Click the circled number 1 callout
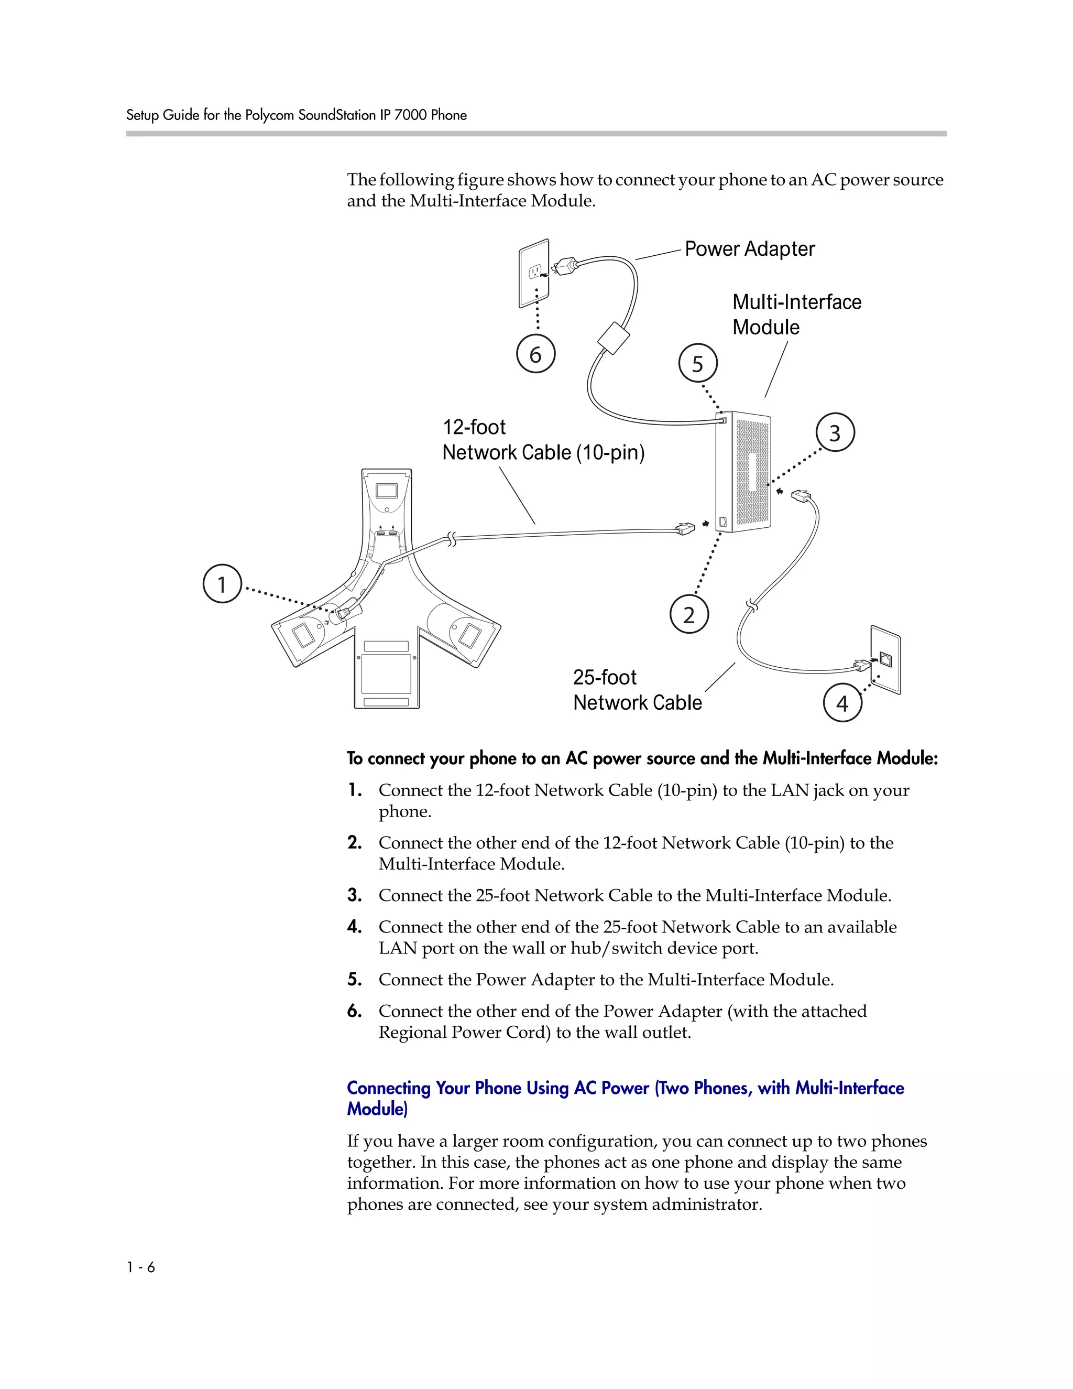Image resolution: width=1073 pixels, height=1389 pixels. click(222, 583)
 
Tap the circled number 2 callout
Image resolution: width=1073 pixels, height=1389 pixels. click(689, 614)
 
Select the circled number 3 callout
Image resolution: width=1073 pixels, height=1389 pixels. click(835, 432)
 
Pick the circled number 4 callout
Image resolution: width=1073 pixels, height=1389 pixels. click(842, 703)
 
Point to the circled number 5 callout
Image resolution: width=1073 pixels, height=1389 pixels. click(698, 363)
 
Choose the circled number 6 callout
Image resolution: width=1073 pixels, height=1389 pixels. click(536, 354)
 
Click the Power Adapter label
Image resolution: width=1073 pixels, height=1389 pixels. click(749, 248)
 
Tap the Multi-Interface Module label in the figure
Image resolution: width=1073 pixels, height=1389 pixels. click(796, 314)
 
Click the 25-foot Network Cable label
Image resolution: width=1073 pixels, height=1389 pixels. click(637, 690)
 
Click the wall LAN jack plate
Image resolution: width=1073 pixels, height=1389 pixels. click(885, 660)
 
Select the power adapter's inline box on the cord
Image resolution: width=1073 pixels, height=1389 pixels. click(614, 338)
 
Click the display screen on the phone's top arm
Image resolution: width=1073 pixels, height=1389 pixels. click(387, 491)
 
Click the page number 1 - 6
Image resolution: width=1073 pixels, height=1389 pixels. click(140, 1267)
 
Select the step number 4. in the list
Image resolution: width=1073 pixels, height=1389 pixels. click(355, 927)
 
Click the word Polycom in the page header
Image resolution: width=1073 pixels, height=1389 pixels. click(269, 115)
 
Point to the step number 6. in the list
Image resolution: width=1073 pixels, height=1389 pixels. click(355, 1011)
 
